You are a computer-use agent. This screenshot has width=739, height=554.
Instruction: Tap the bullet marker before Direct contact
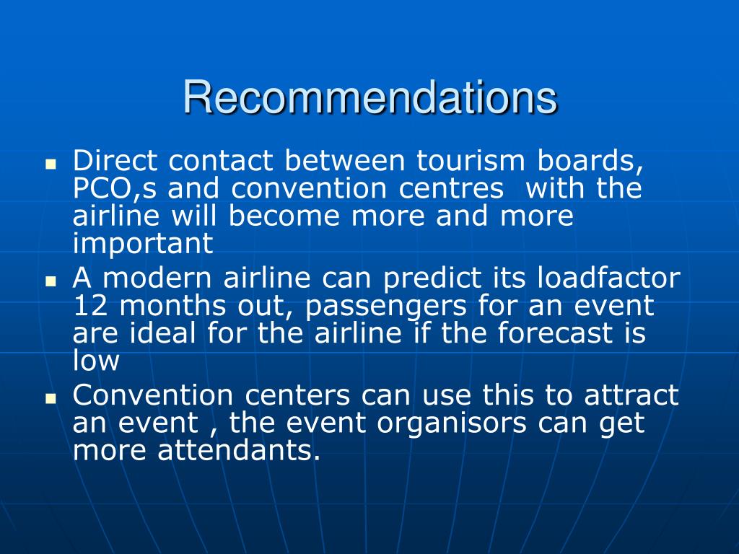coord(51,164)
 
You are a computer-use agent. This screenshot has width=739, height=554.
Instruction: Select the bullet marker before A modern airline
coord(51,281)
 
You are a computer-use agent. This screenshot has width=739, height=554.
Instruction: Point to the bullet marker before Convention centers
coord(51,398)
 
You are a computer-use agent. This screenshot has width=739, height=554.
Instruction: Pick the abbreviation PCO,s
coord(115,189)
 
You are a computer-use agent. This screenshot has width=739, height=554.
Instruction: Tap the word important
coord(143,245)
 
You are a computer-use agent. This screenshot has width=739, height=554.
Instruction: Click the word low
coord(96,361)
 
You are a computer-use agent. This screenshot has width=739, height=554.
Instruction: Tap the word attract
coord(631,395)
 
